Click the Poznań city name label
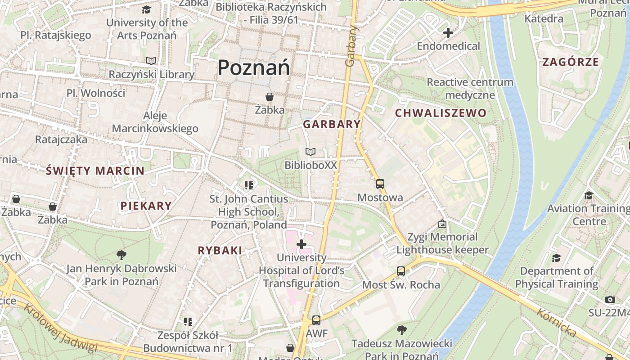point(254,68)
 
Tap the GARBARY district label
point(332,125)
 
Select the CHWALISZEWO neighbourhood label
point(441,113)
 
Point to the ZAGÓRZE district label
point(571,62)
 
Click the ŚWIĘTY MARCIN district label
point(95,171)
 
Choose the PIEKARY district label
point(146,206)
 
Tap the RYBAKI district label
point(220,251)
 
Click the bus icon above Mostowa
point(380,184)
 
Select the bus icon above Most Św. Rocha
point(401,271)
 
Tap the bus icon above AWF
point(316,320)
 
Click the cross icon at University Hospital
point(301,244)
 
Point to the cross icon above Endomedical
point(448,33)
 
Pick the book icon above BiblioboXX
point(310,152)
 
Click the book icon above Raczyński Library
point(151,61)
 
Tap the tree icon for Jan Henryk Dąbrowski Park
point(121,255)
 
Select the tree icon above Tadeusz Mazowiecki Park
point(401,330)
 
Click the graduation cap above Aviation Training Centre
point(589,195)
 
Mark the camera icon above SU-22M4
point(610,299)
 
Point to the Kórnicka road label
point(557,322)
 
